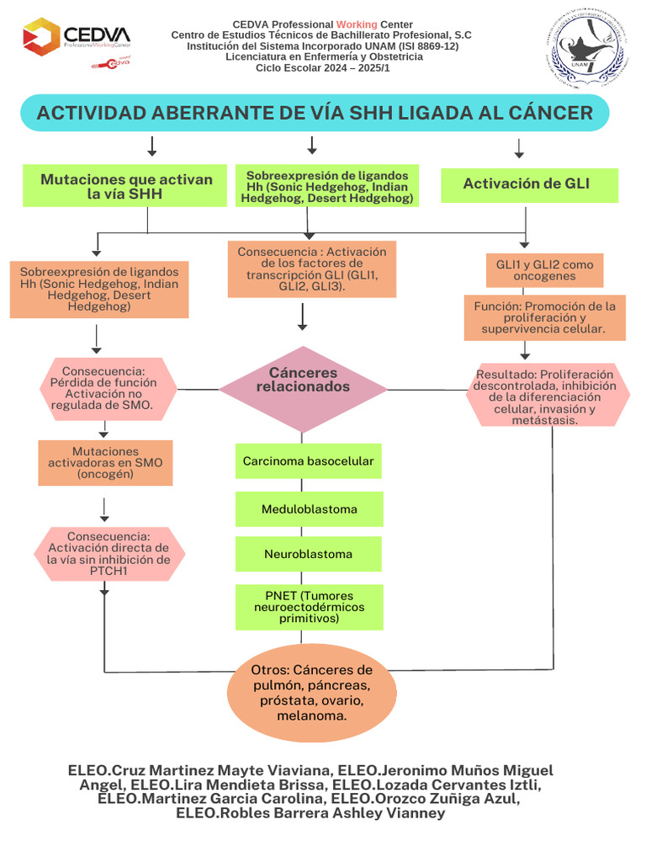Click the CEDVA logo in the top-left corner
pos(77,38)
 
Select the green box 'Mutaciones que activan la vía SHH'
pos(127,187)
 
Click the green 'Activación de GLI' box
pos(529,184)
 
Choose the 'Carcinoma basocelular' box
pos(309,461)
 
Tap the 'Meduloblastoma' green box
pos(309,509)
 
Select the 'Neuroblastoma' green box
pos(309,555)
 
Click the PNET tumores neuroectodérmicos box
pos(309,607)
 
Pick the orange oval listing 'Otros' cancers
pos(312,693)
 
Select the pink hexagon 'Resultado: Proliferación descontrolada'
pos(548,396)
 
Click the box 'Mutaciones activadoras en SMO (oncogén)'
pos(105,463)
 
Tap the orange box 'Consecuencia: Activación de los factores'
pos(311,269)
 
